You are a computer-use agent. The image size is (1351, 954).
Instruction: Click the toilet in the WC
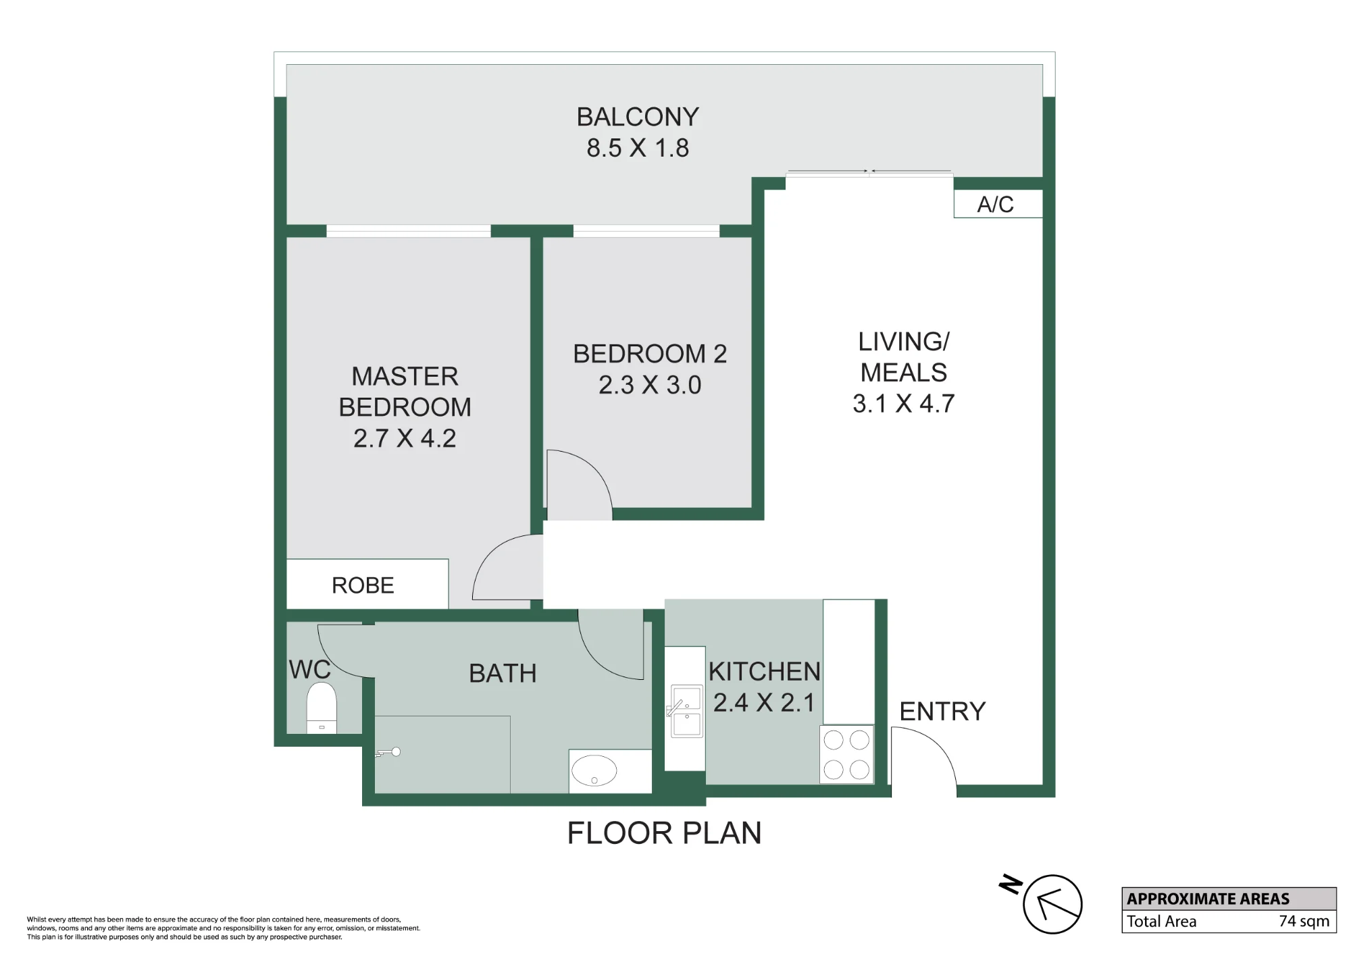point(322,708)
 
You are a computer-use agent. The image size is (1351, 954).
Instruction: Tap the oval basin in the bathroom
point(594,770)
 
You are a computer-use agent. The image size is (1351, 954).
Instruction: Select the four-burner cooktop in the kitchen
point(846,754)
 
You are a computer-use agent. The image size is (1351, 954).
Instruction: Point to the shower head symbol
point(388,752)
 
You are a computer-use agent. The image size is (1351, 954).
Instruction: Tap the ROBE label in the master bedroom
point(363,585)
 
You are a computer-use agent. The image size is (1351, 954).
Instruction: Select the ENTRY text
point(942,712)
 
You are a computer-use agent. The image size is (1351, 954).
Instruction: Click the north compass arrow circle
point(1052,904)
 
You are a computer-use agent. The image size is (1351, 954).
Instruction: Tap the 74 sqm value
point(1304,921)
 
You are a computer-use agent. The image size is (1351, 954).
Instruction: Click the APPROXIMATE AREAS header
point(1208,899)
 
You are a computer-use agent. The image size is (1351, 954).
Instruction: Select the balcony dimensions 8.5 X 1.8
point(638,148)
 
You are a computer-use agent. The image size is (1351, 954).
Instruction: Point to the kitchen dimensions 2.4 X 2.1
point(764,703)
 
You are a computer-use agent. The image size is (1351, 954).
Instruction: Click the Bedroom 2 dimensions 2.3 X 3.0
point(650,385)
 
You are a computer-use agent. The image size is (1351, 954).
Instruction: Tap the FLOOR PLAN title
point(664,833)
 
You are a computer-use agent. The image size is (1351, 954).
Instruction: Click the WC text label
point(310,670)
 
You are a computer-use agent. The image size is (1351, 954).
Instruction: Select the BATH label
point(503,673)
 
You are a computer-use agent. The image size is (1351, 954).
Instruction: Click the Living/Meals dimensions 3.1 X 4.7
point(903,404)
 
